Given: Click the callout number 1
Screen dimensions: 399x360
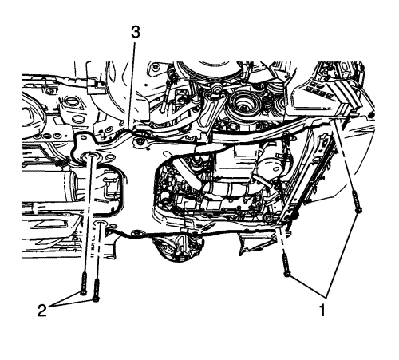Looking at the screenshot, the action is click(x=322, y=310).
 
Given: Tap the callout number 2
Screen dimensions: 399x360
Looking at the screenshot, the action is click(x=42, y=311).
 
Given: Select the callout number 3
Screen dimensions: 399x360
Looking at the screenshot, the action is click(x=136, y=33).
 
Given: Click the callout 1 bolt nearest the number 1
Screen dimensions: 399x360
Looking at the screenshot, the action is click(x=286, y=265).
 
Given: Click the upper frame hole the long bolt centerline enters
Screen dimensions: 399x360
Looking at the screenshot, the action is click(x=90, y=156).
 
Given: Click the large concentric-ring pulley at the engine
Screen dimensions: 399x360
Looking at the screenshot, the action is click(x=243, y=105).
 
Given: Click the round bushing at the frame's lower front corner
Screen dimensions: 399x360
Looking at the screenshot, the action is click(x=267, y=219).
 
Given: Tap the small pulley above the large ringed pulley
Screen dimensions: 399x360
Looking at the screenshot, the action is click(x=216, y=87).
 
